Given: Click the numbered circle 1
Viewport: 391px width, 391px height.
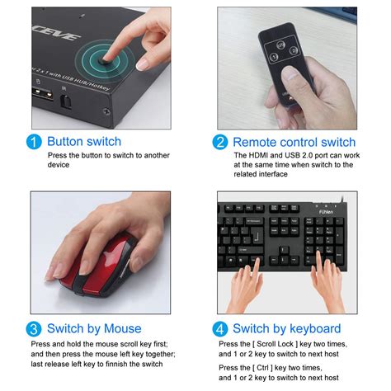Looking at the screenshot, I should [x=34, y=142].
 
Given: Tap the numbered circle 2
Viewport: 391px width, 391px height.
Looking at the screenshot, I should [x=219, y=142].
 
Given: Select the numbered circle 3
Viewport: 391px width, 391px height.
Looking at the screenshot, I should [x=34, y=328].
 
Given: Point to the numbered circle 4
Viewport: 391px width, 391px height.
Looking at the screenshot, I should [x=219, y=328].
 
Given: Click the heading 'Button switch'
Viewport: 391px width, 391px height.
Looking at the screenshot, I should [x=84, y=142].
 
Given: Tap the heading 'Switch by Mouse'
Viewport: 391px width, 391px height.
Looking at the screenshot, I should [x=94, y=328].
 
